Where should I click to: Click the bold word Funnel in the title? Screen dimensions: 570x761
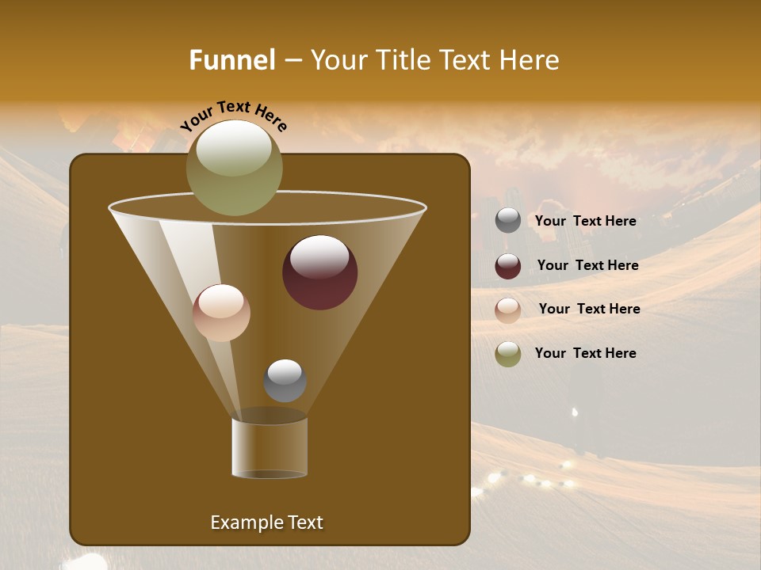coord(231,59)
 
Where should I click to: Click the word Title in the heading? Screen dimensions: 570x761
coord(403,59)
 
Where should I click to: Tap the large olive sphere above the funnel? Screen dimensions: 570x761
coord(234,167)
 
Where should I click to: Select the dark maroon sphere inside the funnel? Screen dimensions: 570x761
coord(319,272)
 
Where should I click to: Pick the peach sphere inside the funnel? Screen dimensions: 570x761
coord(221,313)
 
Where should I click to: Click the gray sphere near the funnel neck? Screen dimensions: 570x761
coord(285,381)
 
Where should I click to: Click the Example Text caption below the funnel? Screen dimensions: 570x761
coord(266,522)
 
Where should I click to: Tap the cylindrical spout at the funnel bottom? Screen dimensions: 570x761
coord(270,448)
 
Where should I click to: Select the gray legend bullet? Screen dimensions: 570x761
coord(508,221)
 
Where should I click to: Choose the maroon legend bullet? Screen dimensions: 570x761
coord(508,266)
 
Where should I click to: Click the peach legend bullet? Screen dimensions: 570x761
coord(508,310)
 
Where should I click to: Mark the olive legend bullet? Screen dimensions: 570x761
coord(508,354)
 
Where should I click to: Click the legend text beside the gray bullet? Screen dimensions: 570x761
coord(585,221)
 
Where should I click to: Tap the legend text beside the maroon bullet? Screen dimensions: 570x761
coord(587,265)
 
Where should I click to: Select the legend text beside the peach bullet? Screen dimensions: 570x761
coord(589,309)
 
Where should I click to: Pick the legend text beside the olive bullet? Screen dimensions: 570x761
coord(585,353)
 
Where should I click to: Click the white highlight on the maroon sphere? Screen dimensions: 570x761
coord(319,257)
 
